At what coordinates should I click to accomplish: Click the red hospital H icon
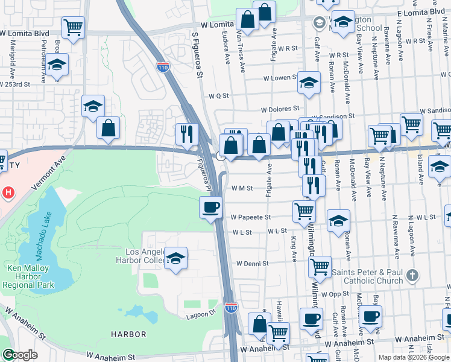tap(8, 193)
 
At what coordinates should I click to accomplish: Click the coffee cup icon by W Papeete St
tap(210, 208)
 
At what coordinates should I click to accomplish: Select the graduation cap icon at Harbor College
tap(175, 258)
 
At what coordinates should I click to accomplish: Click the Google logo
tap(19, 355)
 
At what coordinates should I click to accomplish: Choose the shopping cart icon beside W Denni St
tap(319, 265)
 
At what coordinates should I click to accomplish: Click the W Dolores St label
tap(280, 110)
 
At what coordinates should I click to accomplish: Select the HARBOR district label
tap(128, 334)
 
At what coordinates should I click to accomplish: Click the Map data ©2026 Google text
tap(414, 357)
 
